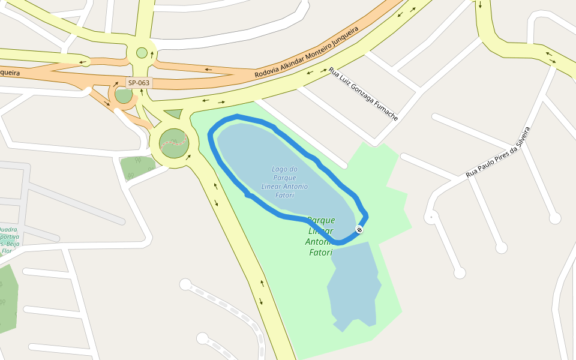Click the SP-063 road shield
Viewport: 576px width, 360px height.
pyautogui.click(x=139, y=83)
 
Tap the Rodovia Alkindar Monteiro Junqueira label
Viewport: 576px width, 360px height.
pyautogui.click(x=306, y=52)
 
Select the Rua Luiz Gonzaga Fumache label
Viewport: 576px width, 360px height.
pyautogui.click(x=363, y=94)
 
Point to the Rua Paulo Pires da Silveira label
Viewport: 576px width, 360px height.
pyautogui.click(x=499, y=152)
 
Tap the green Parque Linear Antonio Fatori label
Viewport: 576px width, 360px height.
pyautogui.click(x=320, y=236)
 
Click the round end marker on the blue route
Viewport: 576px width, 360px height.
pyautogui.click(x=359, y=229)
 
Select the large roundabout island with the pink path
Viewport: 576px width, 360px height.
pyautogui.click(x=174, y=143)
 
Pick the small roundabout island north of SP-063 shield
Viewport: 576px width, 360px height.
pyautogui.click(x=142, y=53)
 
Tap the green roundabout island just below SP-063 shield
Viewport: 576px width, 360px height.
pyautogui.click(x=124, y=95)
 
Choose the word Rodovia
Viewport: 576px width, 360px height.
pyautogui.click(x=268, y=69)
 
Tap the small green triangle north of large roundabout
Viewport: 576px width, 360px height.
pyautogui.click(x=174, y=113)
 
